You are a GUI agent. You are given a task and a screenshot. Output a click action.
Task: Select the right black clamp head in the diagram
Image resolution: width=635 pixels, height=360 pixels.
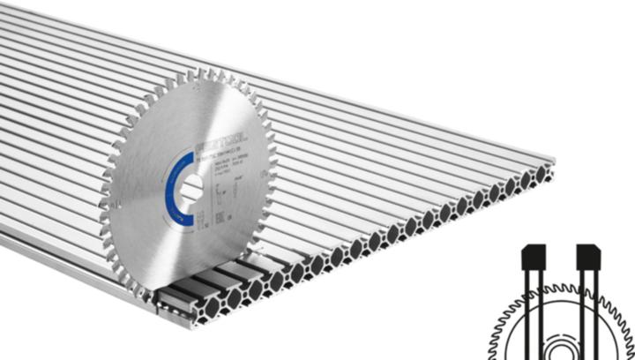point(589,257)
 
